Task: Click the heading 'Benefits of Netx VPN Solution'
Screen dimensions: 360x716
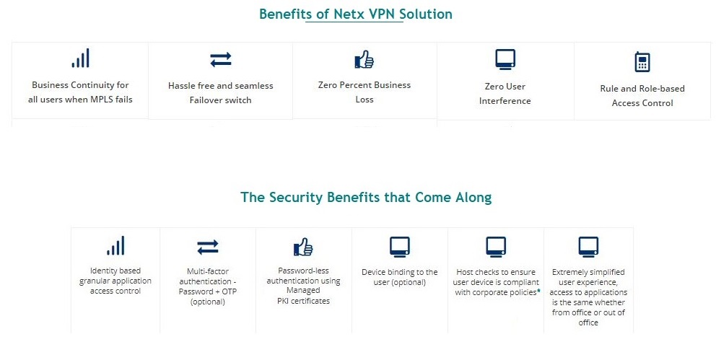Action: (x=356, y=14)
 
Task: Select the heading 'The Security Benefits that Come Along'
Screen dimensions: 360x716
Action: (x=366, y=197)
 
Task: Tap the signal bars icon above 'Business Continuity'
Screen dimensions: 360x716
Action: (x=80, y=58)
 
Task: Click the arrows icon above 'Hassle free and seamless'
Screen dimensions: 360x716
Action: (x=220, y=59)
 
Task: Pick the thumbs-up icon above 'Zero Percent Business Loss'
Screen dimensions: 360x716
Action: (x=364, y=60)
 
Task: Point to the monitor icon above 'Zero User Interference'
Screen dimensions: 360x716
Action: (x=505, y=58)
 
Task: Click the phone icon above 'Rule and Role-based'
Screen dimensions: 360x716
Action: (x=642, y=62)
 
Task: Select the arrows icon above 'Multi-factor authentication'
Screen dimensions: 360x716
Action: (x=207, y=247)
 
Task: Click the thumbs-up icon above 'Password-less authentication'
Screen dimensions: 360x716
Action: (x=303, y=247)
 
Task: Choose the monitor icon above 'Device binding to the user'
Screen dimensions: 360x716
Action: (x=400, y=247)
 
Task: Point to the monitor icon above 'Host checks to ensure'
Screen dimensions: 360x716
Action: (x=496, y=247)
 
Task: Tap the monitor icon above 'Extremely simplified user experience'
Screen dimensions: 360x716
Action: (x=588, y=247)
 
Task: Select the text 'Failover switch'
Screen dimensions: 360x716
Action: (x=220, y=100)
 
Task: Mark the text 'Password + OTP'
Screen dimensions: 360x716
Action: (x=207, y=291)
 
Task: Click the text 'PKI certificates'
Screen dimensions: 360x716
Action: (x=303, y=301)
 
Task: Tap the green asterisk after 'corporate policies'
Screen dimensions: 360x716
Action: (x=538, y=291)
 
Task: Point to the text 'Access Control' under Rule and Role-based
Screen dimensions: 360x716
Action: (x=642, y=103)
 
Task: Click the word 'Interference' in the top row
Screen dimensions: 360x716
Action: (x=505, y=101)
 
